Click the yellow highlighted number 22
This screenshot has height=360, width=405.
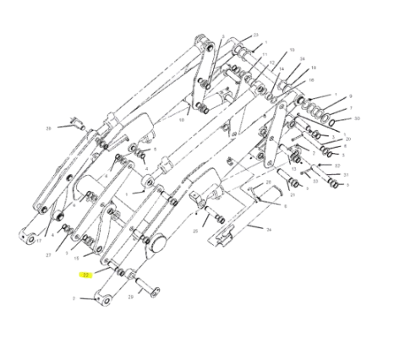click(86, 275)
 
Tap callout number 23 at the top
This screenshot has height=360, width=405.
click(255, 35)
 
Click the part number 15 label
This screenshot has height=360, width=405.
click(77, 259)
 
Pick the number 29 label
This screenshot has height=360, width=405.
click(131, 298)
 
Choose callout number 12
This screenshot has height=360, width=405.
click(272, 63)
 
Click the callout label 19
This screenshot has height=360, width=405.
click(293, 51)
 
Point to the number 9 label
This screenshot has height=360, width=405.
click(349, 96)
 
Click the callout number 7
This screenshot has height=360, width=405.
click(349, 108)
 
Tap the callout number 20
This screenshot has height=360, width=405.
click(348, 139)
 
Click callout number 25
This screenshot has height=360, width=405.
click(195, 230)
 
